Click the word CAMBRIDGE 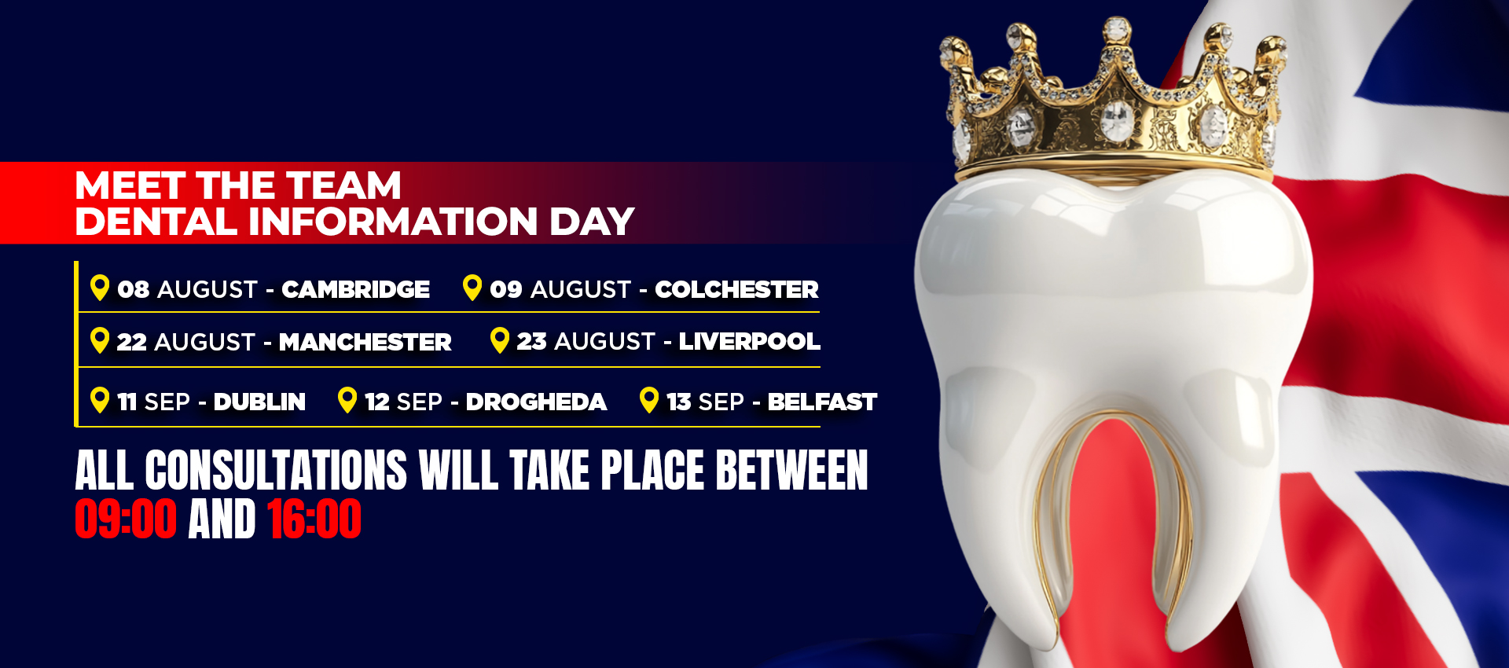pyautogui.click(x=356, y=289)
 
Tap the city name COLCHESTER pyautogui.click(x=736, y=289)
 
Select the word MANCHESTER pyautogui.click(x=365, y=342)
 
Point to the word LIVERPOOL pyautogui.click(x=749, y=341)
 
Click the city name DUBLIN pyautogui.click(x=259, y=402)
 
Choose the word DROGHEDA pyautogui.click(x=536, y=402)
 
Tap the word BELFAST pyautogui.click(x=822, y=402)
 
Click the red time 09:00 pyautogui.click(x=126, y=519)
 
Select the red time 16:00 pyautogui.click(x=314, y=519)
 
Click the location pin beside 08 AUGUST pyautogui.click(x=100, y=288)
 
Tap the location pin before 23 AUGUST pyautogui.click(x=500, y=340)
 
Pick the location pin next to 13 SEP pyautogui.click(x=649, y=400)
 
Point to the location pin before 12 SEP pyautogui.click(x=347, y=400)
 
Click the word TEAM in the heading pyautogui.click(x=343, y=185)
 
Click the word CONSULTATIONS pyautogui.click(x=276, y=470)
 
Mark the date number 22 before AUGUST pyautogui.click(x=131, y=342)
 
